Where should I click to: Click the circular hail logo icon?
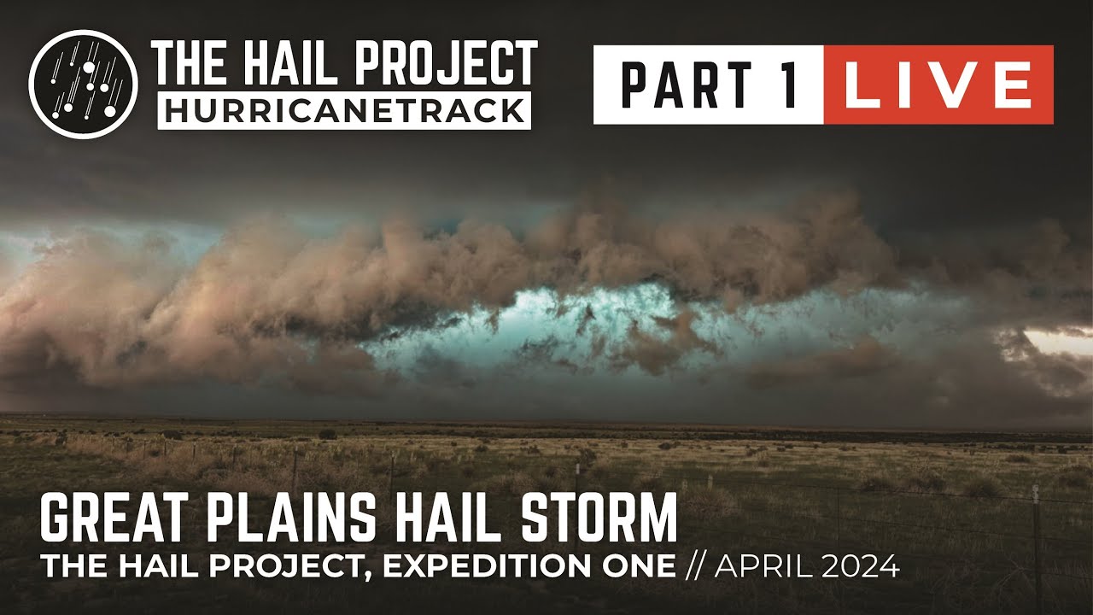point(83,84)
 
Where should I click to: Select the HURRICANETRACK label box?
point(344,110)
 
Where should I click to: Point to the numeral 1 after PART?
point(790,85)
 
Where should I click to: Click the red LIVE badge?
point(938,85)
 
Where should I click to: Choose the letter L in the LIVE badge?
point(856,85)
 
